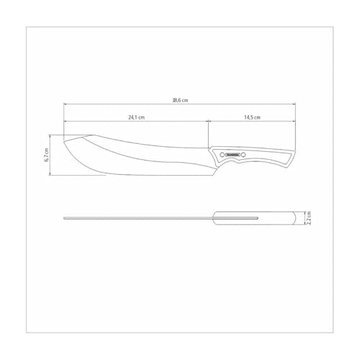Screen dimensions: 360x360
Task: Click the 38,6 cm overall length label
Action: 180,101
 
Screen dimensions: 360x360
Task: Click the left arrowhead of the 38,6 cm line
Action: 66,107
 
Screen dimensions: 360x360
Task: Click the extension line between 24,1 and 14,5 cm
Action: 209,130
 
